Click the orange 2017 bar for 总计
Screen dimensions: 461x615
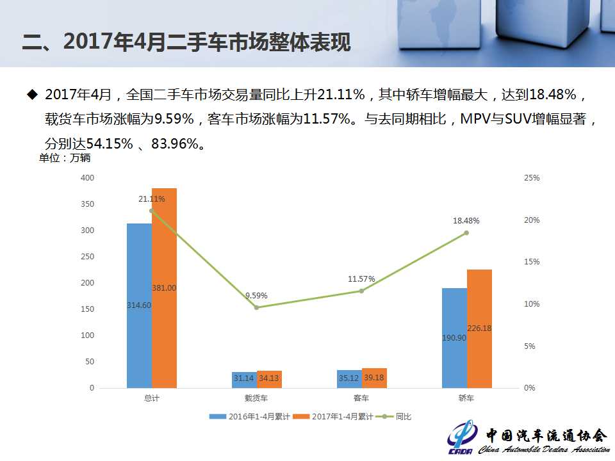[164, 288]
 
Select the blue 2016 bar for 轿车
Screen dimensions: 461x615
[455, 337]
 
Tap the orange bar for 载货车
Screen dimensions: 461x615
[269, 379]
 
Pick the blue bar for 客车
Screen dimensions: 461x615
[349, 378]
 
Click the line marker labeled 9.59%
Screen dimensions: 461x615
[256, 307]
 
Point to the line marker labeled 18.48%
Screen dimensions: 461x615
[466, 233]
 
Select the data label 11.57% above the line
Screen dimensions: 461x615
[361, 279]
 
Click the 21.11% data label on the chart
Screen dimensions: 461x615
[151, 199]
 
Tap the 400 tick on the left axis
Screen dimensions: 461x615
[88, 178]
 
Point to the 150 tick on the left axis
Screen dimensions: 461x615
[88, 309]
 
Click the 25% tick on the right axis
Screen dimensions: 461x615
[532, 178]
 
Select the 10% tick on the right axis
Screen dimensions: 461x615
[532, 304]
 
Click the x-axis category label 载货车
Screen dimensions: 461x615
[256, 398]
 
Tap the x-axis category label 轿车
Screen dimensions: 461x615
[466, 398]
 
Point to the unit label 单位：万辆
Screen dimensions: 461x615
[65, 158]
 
